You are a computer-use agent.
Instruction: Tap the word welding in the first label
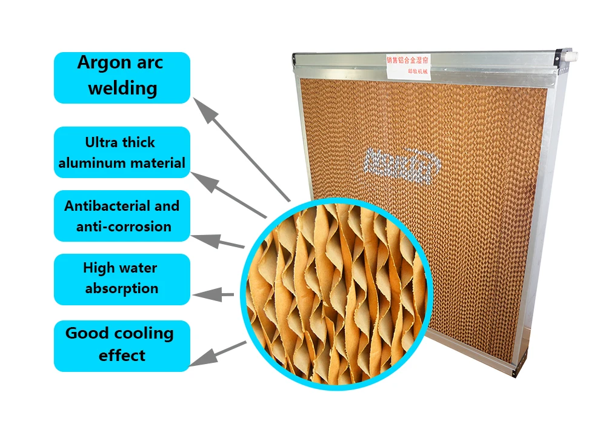122,88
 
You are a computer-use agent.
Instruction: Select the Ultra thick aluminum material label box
122,152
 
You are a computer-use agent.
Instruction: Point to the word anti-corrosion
124,227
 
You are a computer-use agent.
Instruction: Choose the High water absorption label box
122,279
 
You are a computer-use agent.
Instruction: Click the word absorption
122,289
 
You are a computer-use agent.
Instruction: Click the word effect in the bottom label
122,355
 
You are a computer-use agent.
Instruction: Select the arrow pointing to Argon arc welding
242,151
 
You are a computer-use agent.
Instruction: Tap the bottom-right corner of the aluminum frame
520,368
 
